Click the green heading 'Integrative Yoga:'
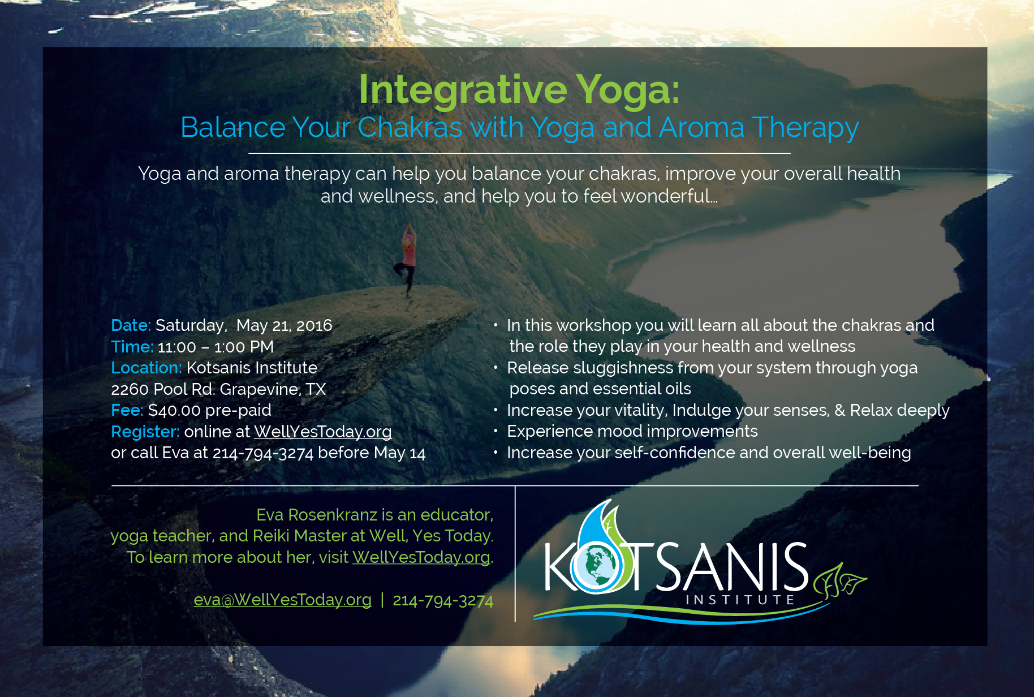[519, 90]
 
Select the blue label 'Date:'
[131, 325]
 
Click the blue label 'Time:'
[132, 347]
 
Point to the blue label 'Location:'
[147, 368]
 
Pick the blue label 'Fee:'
[127, 410]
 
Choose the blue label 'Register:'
[145, 432]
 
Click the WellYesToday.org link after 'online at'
[322, 432]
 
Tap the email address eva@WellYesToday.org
[283, 600]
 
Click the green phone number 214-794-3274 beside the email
[443, 600]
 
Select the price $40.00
[174, 410]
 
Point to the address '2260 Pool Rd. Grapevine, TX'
[218, 389]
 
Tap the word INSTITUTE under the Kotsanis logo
[740, 600]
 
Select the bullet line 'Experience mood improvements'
[632, 431]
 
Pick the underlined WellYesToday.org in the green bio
[421, 557]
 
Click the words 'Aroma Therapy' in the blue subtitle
[759, 128]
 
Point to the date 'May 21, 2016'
[284, 326]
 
